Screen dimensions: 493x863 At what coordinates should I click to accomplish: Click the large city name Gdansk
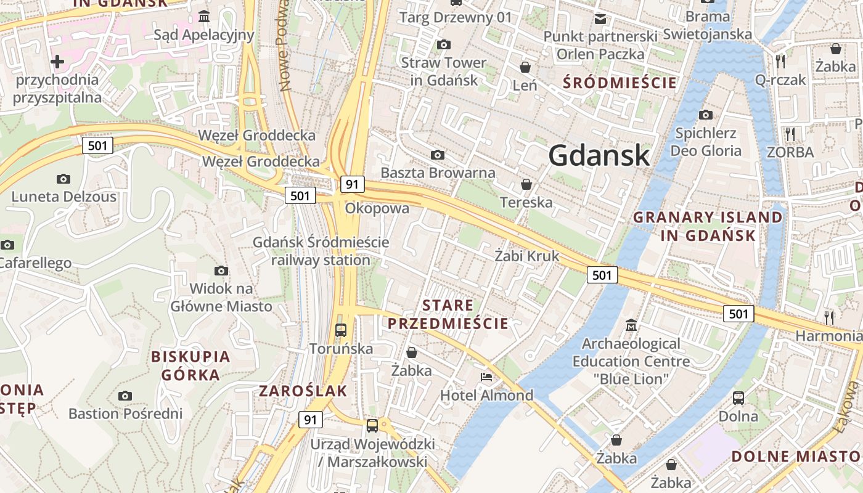599,155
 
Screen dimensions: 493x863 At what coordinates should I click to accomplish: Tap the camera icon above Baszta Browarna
438,155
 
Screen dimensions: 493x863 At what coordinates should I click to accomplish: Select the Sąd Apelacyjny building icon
204,16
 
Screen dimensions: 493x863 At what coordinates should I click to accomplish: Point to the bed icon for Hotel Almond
486,377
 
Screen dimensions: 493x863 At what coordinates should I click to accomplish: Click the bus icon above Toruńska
341,330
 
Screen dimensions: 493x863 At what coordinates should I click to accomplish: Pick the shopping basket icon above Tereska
526,184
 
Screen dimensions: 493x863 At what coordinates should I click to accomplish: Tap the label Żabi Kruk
527,256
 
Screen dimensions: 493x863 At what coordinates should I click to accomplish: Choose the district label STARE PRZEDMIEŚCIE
448,314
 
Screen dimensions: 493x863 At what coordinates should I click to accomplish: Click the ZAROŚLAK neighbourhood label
303,391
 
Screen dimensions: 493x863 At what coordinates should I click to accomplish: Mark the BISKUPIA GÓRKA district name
190,365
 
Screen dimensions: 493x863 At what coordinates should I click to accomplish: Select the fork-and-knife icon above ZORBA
790,134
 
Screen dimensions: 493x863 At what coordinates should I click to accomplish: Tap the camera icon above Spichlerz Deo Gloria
706,115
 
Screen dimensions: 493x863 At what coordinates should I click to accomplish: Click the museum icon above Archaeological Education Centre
631,325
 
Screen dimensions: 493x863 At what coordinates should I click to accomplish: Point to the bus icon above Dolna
738,397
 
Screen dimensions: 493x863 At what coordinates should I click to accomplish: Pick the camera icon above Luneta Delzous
63,179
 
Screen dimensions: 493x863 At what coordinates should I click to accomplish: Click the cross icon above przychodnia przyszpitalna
57,62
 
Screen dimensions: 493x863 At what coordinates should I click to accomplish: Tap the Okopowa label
377,208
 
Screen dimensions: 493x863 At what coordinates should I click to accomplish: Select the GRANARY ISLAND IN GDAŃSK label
708,226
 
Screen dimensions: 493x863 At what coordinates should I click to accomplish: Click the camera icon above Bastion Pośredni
125,396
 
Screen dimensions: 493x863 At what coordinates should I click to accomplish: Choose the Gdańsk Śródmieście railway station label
321,251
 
